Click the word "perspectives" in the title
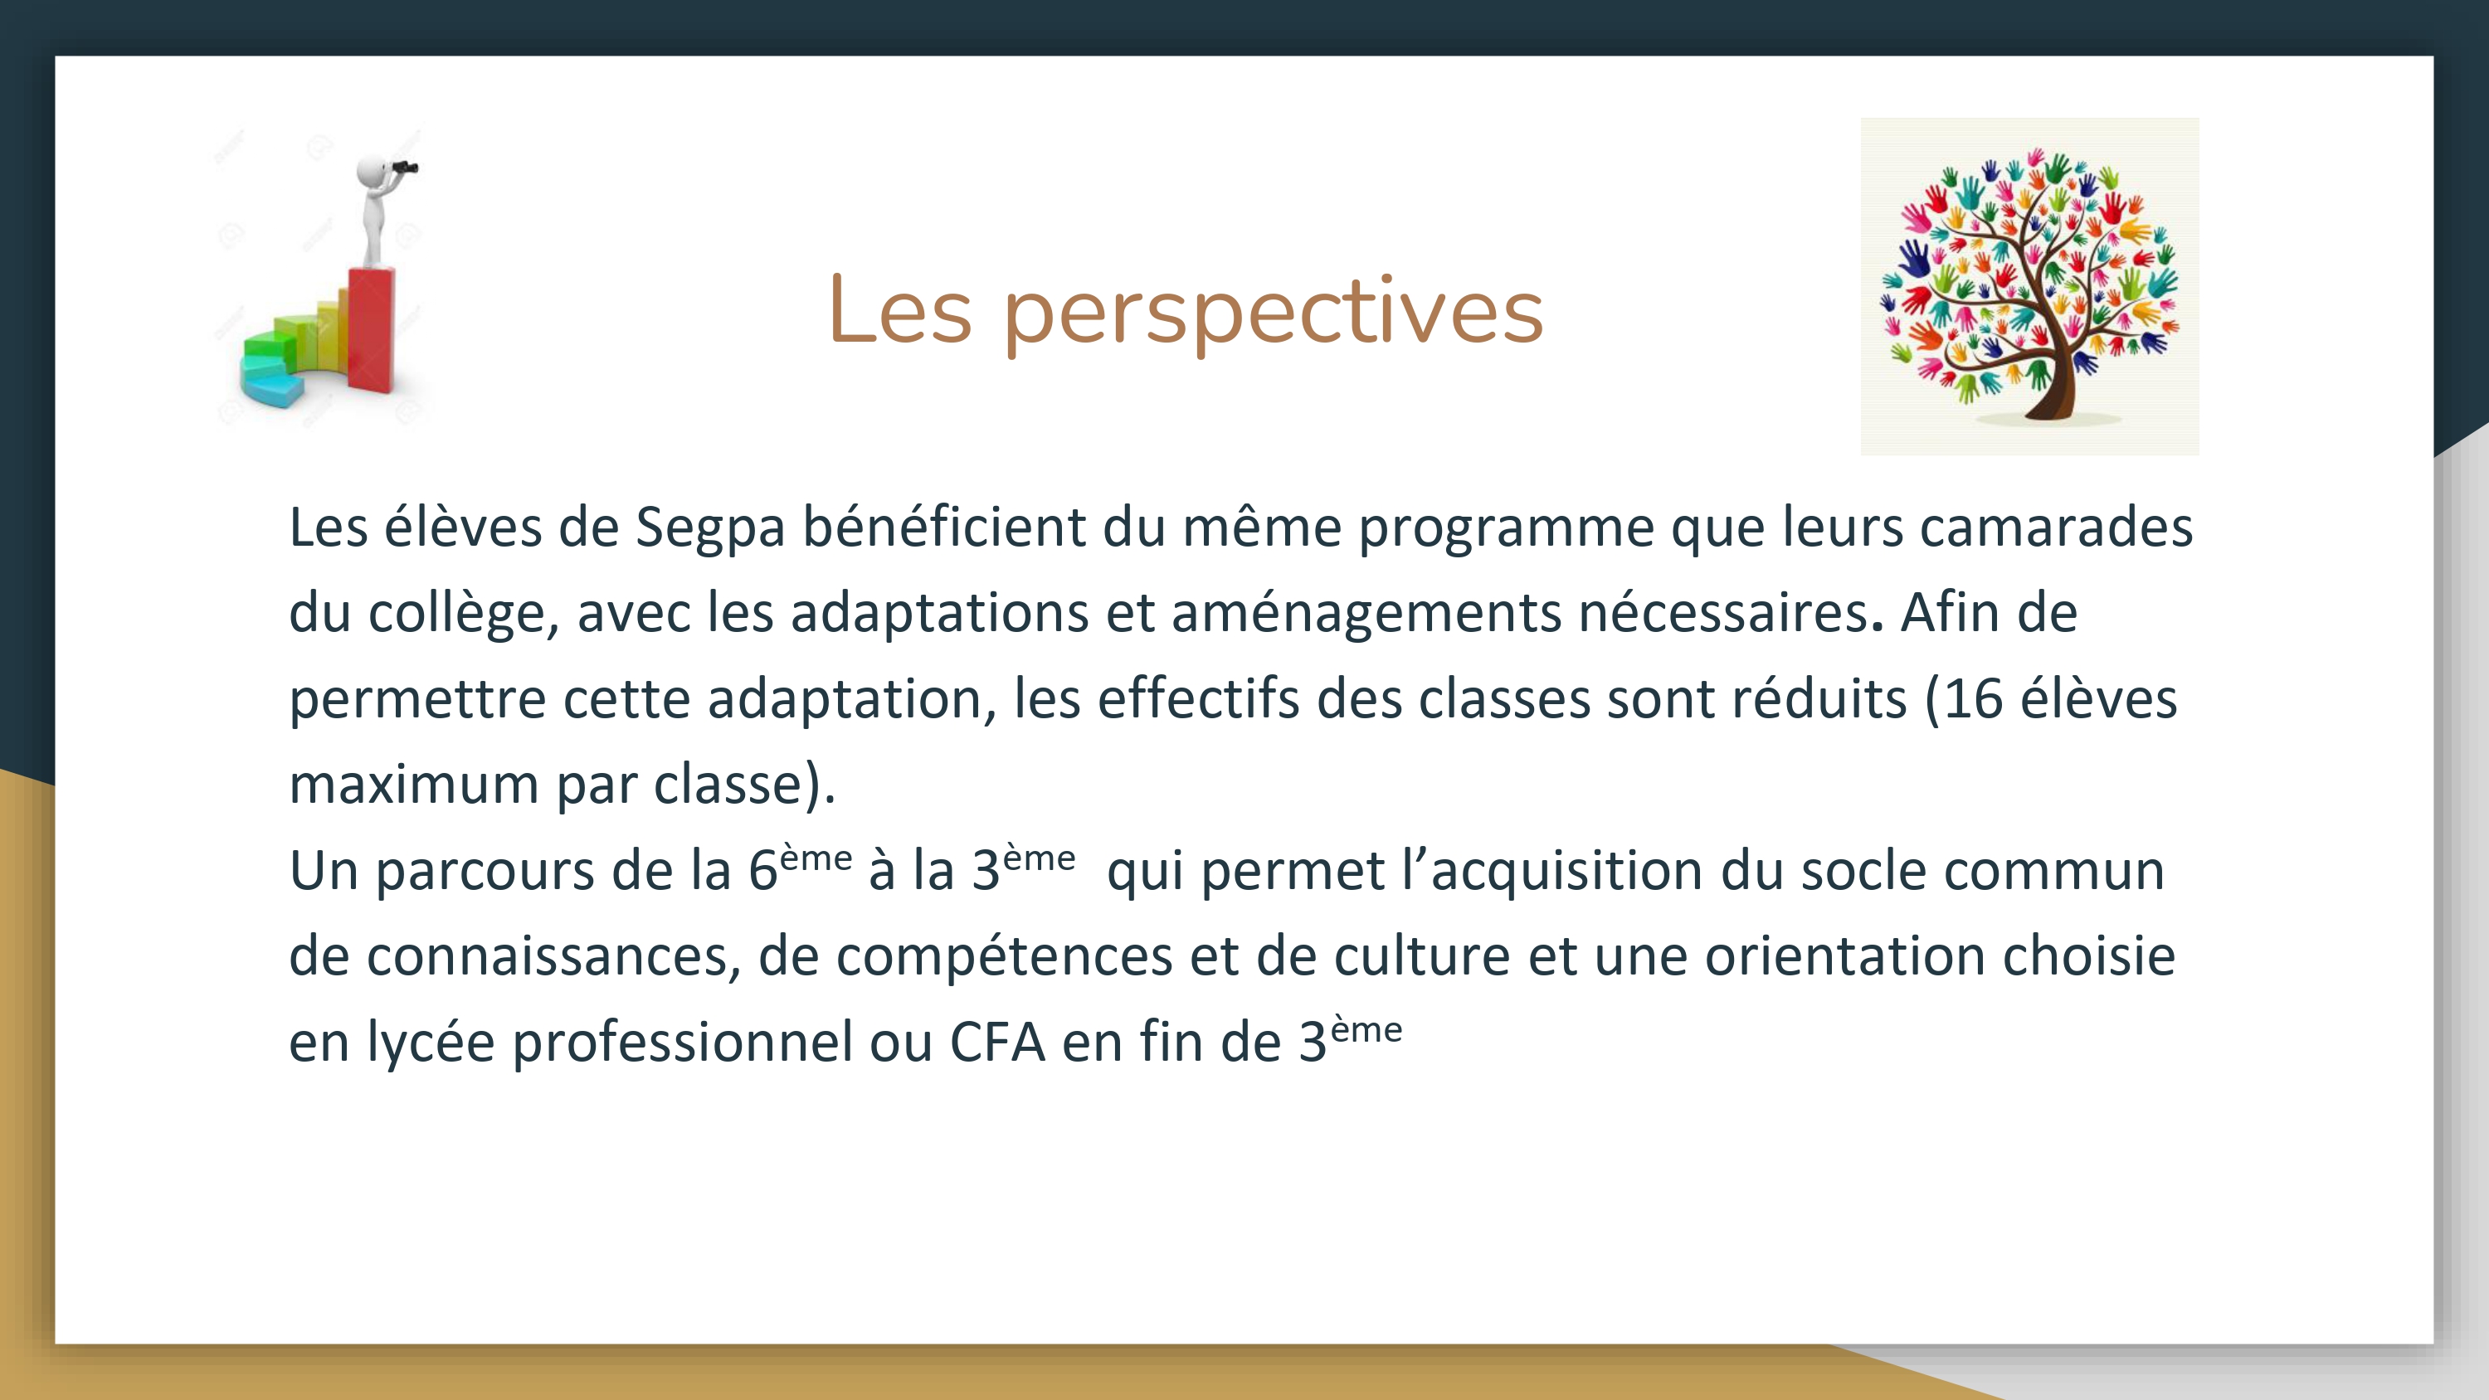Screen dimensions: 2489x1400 (x=1274, y=315)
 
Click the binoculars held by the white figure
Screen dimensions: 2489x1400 (x=405, y=168)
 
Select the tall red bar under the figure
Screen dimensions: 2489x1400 (x=371, y=329)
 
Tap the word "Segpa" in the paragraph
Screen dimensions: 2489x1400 (x=710, y=529)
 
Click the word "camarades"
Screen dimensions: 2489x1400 (x=2056, y=527)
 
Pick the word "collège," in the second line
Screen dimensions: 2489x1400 (x=464, y=615)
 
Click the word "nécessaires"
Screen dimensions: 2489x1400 (x=1722, y=614)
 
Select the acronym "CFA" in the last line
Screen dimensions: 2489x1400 (x=998, y=1043)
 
